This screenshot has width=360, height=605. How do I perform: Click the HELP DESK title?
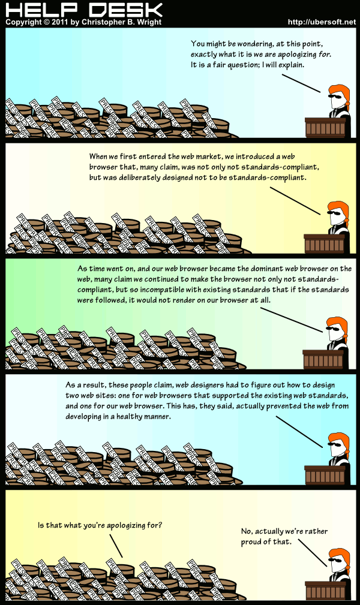point(84,9)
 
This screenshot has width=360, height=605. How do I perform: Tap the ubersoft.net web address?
point(322,22)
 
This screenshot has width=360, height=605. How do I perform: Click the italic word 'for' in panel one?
point(325,55)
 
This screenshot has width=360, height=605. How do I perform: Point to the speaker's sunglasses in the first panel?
point(335,96)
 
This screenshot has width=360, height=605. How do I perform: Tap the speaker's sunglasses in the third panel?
point(334,329)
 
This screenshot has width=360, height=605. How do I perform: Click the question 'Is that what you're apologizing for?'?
point(100,525)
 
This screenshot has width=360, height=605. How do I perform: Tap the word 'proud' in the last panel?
point(250,541)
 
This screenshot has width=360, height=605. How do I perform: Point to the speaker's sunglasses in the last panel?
point(335,560)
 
